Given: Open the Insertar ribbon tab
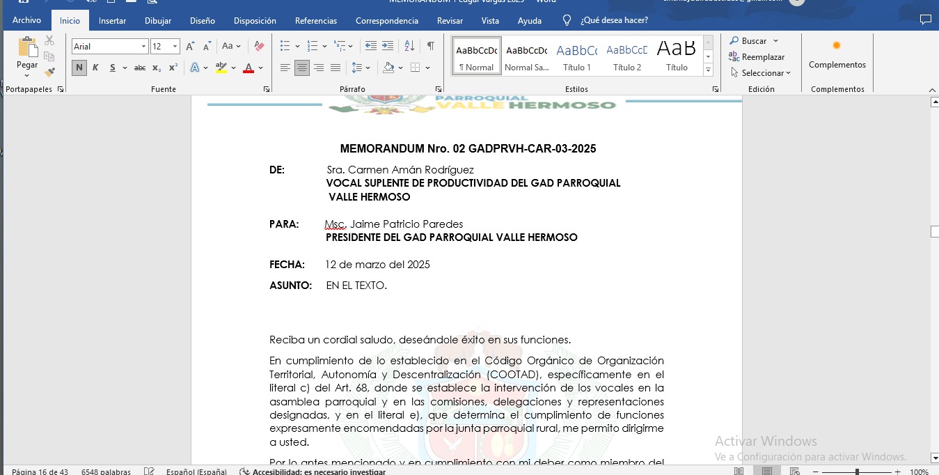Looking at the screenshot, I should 112,21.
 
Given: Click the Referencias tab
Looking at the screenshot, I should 315,21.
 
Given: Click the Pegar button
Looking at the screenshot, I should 27,54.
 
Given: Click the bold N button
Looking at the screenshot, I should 79,68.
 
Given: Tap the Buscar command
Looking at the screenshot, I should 754,41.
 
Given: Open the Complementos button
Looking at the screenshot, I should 837,55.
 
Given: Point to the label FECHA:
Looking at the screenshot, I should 287,265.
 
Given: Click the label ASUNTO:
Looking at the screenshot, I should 290,286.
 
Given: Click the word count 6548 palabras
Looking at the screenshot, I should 106,472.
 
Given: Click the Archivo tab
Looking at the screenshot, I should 26,21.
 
